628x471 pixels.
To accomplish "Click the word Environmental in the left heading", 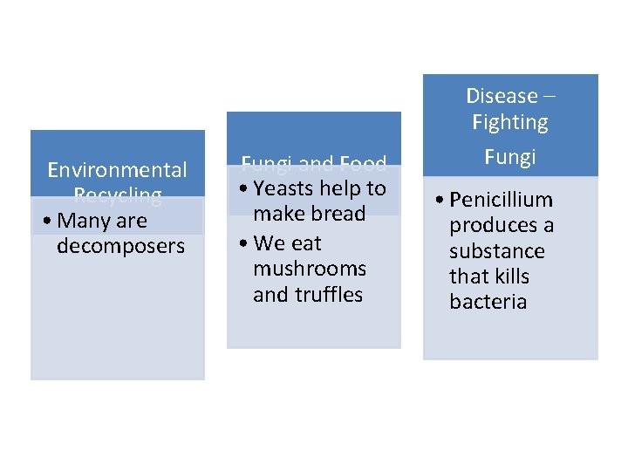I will (117, 169).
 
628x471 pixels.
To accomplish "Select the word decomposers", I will (120, 246).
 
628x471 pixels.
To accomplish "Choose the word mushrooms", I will (309, 269).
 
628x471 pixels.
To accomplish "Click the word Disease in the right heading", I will (502, 96).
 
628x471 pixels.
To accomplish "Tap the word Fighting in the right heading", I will (510, 122).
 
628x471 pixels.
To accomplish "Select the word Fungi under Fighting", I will (510, 157).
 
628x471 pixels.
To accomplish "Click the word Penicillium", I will (501, 200).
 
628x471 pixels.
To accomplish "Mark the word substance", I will (496, 251).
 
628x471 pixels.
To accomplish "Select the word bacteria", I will (488, 302).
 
